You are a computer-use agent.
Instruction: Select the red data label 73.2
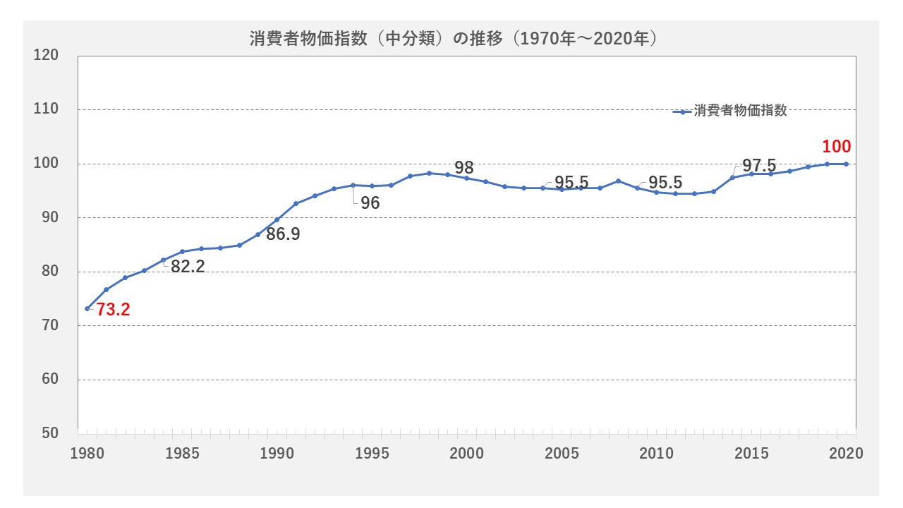click(114, 309)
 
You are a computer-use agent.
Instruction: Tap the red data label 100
click(837, 147)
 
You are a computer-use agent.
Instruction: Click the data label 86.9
click(283, 234)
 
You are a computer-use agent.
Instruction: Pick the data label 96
click(370, 204)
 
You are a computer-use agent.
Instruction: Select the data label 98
click(463, 168)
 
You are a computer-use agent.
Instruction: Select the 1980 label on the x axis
click(87, 454)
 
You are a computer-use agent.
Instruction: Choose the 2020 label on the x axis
click(846, 454)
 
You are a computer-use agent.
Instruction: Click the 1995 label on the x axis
click(372, 454)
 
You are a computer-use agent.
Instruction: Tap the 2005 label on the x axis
click(562, 454)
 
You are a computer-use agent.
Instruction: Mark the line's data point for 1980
click(87, 308)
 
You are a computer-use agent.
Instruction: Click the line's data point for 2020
click(846, 164)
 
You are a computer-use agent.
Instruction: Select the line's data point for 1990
click(277, 219)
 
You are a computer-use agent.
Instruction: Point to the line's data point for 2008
click(618, 181)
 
